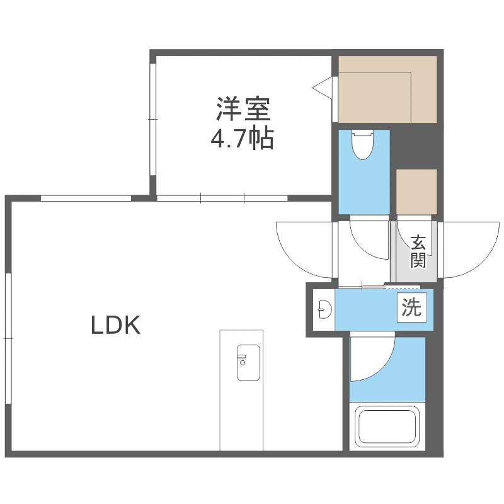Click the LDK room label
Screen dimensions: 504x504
(115, 325)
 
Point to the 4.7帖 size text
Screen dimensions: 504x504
(242, 138)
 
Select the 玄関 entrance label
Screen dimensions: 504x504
(418, 251)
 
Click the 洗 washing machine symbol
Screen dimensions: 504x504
(412, 308)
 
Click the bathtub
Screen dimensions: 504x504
(387, 427)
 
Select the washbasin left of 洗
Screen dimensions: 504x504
(324, 309)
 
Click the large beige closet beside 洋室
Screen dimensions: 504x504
(387, 89)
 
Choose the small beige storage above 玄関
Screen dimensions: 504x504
(416, 192)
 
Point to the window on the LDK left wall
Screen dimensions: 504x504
(8, 338)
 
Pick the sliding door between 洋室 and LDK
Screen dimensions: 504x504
(222, 198)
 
